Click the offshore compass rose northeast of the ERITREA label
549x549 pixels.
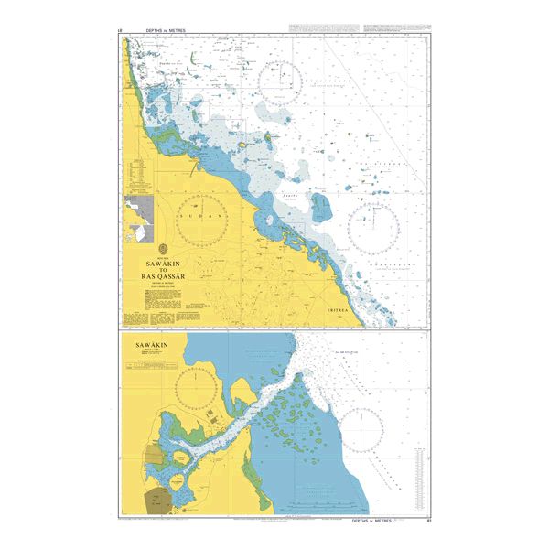point(373,228)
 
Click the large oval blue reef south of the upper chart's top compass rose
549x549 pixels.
point(322,208)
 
